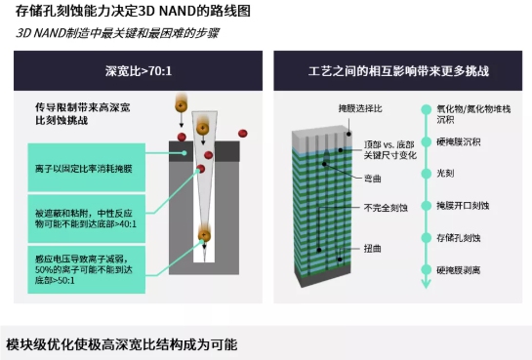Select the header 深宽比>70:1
[136, 71]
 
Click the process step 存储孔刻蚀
[460, 236]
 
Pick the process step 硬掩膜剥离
[460, 267]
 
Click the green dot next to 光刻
[424, 173]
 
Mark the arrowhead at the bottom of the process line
[424, 285]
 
